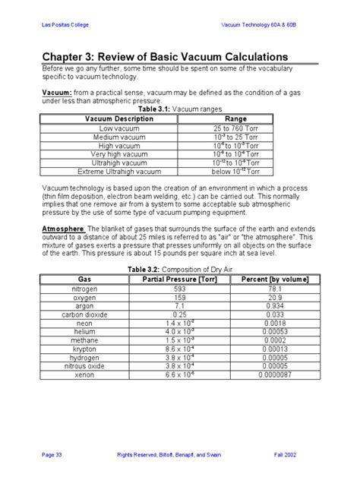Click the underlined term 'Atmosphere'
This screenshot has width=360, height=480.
pyautogui.click(x=63, y=227)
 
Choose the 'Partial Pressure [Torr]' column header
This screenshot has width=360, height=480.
pyautogui.click(x=179, y=279)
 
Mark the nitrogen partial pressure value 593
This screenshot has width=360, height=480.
pyautogui.click(x=179, y=289)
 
